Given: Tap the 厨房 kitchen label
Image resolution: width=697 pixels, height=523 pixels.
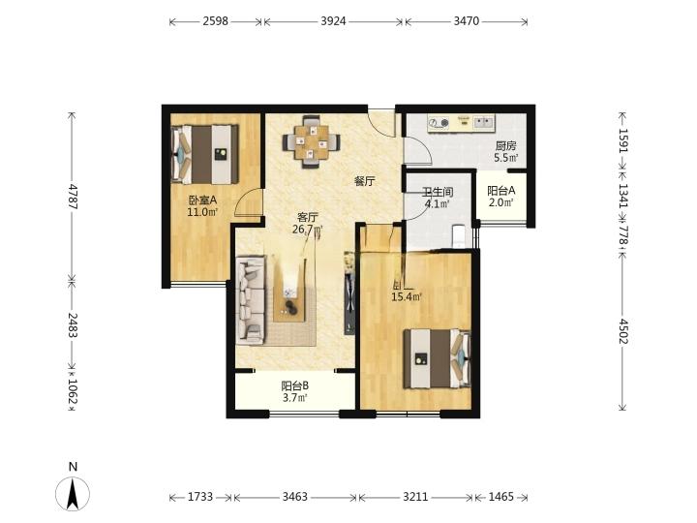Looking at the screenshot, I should coord(505,146).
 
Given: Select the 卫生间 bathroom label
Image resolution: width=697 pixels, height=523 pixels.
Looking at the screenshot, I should coord(436,192).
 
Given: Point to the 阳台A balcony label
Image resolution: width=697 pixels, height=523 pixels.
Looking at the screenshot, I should coord(500,191).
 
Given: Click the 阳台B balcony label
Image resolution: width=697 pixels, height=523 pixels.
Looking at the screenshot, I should coord(294,385).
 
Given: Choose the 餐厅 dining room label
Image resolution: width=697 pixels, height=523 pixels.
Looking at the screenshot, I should coord(364,181).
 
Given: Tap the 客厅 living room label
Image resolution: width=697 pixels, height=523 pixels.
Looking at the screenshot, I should coord(308,217).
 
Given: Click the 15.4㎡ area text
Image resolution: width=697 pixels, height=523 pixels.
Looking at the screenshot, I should coord(406,296).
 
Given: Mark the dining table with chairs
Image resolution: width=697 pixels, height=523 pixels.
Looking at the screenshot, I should coord(311,141).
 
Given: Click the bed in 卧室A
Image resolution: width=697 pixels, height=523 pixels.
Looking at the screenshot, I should coord(205,153).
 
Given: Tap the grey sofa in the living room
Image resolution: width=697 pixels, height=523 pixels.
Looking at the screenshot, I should coord(252,299).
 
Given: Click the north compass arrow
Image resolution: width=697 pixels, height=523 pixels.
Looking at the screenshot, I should coord(73,492).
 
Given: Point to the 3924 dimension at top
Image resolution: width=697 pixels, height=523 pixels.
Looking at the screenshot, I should coord(333,19).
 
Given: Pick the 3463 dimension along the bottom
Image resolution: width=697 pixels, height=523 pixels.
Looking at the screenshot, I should coord(294,497).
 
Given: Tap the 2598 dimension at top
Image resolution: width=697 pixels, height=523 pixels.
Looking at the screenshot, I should coord(215,19).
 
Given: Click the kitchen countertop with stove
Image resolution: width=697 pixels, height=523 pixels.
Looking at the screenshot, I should coord(463,123).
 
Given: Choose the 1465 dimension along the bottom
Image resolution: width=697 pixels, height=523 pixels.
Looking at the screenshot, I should coord(500,497).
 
